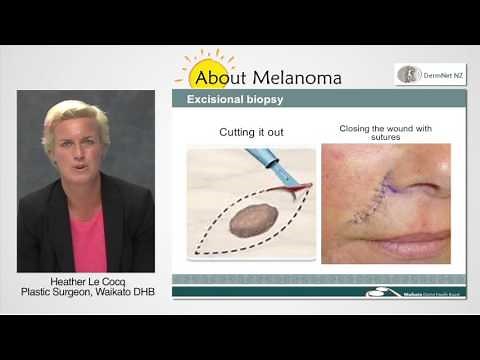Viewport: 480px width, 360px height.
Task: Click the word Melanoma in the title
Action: tap(296, 77)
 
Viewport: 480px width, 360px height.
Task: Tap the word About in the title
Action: tap(221, 77)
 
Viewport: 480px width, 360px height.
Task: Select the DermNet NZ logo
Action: tap(430, 74)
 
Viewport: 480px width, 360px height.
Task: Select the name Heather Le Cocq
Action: tap(85, 282)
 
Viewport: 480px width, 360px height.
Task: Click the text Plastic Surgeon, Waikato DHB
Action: tap(85, 293)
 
